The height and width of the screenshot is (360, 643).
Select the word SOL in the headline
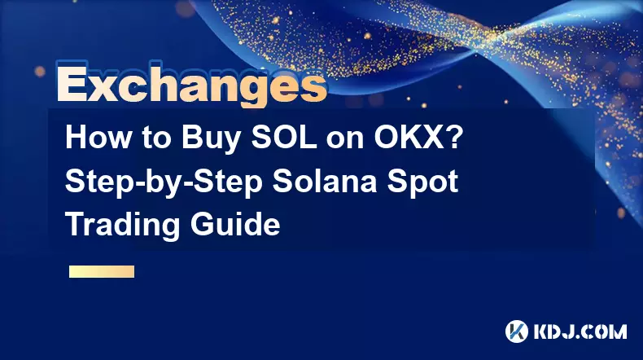pyautogui.click(x=284, y=138)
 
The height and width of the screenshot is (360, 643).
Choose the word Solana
pyautogui.click(x=325, y=181)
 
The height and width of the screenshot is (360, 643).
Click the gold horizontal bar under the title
pyautogui.click(x=102, y=272)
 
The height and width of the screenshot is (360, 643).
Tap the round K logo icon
pyautogui.click(x=516, y=331)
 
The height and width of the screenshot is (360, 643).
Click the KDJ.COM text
pyautogui.click(x=580, y=331)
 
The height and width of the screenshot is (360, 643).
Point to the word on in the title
pyautogui.click(x=345, y=141)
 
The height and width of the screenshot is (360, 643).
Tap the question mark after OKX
pyautogui.click(x=455, y=138)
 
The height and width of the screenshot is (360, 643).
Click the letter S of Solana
pyautogui.click(x=282, y=181)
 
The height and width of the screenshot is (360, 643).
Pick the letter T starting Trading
pyautogui.click(x=75, y=224)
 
